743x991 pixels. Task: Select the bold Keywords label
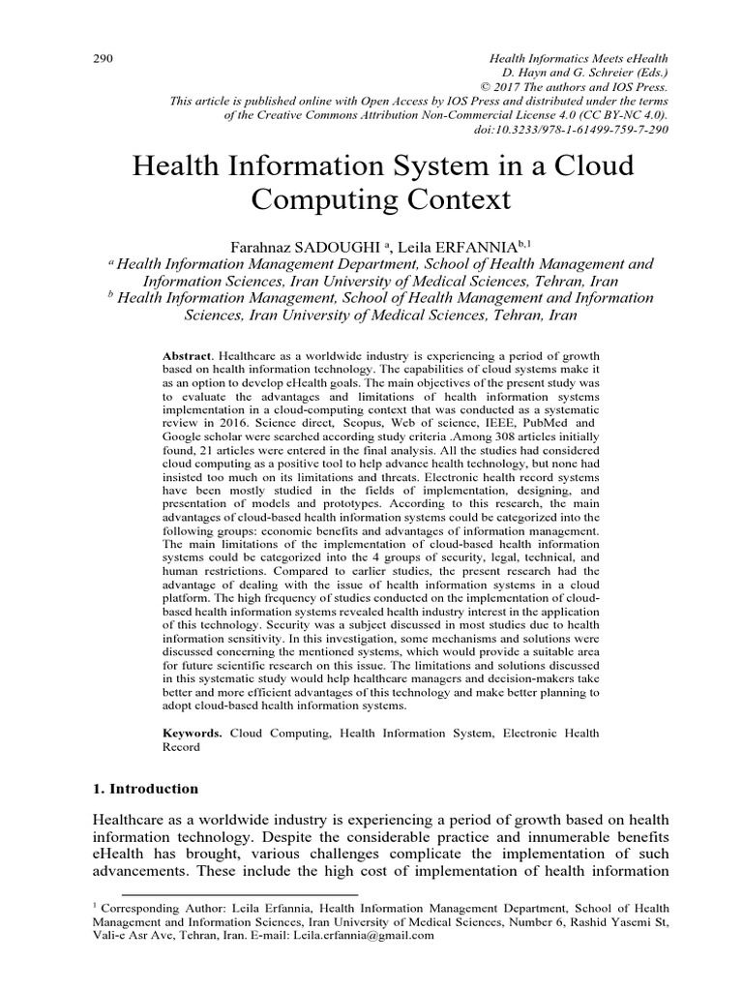(191, 734)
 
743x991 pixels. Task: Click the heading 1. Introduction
(139, 789)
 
